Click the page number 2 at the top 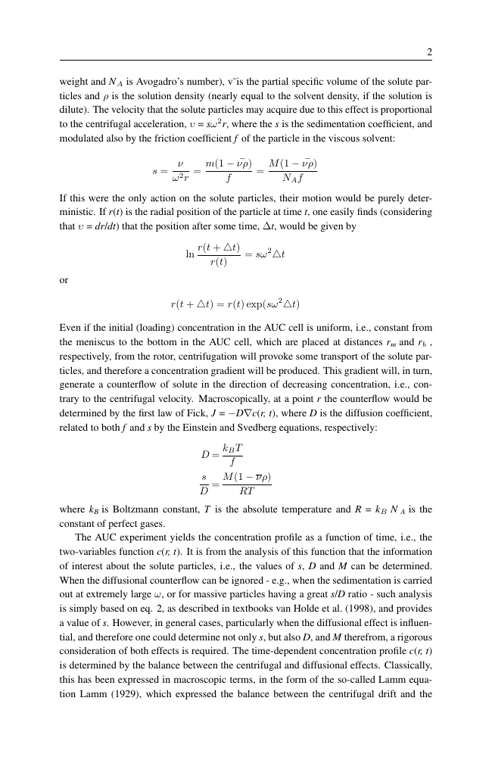[429, 52]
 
